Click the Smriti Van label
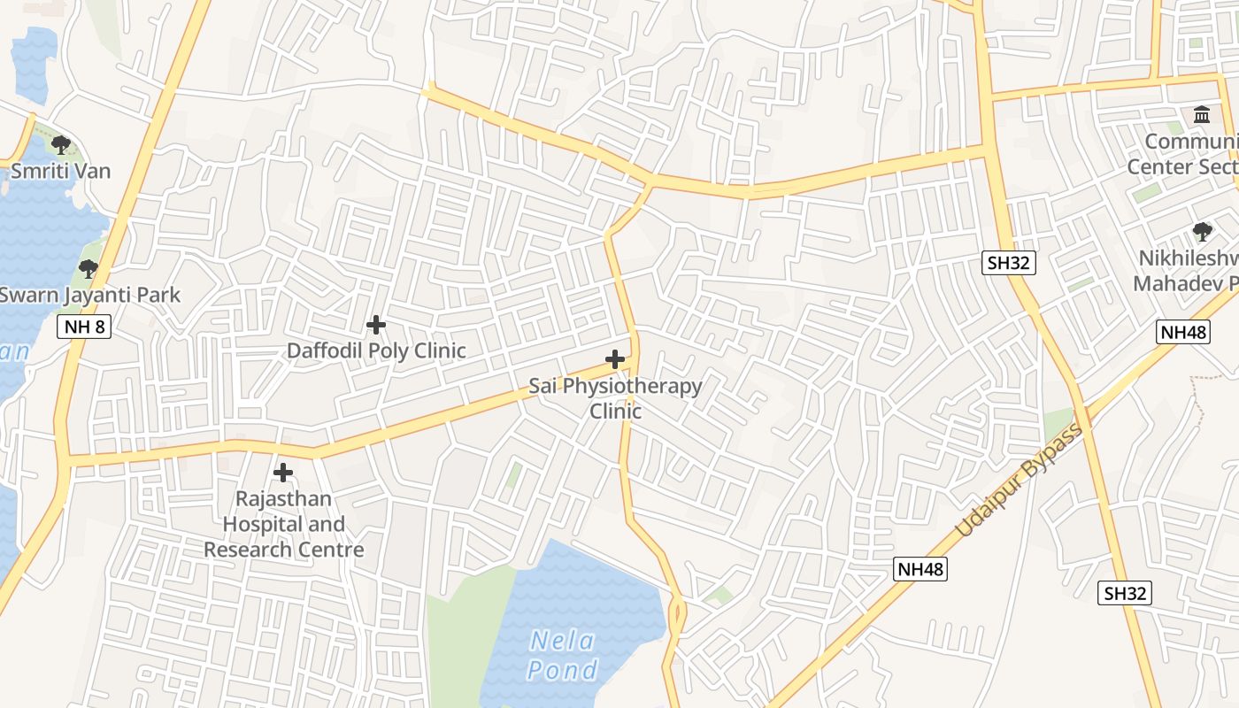(60, 171)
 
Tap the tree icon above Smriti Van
(60, 144)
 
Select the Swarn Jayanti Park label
(89, 295)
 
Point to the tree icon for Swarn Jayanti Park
(88, 268)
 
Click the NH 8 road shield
(85, 327)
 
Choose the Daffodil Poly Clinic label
(376, 350)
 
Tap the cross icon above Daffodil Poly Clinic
(376, 325)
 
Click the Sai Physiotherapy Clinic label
(615, 398)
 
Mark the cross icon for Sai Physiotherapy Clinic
(615, 359)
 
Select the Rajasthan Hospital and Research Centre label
(283, 524)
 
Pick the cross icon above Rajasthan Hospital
(283, 473)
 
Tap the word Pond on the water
(563, 670)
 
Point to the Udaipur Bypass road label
(1020, 481)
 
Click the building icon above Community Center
(1202, 115)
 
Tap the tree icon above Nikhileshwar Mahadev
(1202, 232)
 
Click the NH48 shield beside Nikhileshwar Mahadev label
(1182, 332)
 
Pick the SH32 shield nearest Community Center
(1008, 262)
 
